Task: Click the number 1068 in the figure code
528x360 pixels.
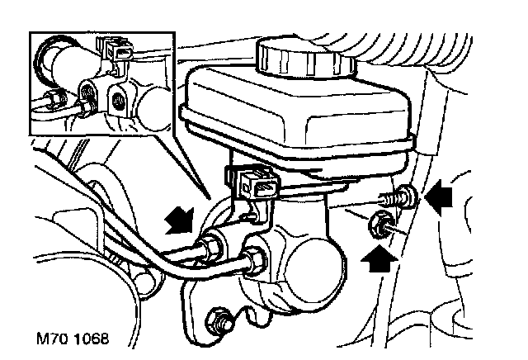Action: (x=92, y=339)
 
